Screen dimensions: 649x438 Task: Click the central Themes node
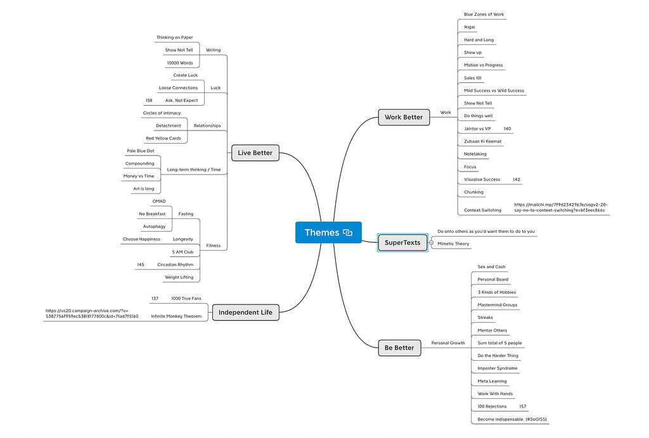point(328,232)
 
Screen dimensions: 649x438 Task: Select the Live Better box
point(255,153)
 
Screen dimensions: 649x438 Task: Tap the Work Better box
point(404,117)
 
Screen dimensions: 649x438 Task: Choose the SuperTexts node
point(402,242)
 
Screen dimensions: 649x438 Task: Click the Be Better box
point(399,348)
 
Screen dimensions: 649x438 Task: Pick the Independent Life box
point(245,313)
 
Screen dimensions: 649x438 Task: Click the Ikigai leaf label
point(470,27)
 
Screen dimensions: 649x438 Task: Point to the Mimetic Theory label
point(453,244)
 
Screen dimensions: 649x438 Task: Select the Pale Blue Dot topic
point(140,151)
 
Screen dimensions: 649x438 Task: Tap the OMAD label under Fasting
point(159,201)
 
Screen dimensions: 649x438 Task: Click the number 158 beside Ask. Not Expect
point(149,101)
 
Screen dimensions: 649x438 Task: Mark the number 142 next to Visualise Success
point(516,179)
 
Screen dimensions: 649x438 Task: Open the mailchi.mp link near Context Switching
point(561,208)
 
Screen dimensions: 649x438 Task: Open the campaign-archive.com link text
point(92,313)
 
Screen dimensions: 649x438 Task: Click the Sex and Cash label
point(491,267)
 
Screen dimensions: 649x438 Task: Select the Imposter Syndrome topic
point(497,368)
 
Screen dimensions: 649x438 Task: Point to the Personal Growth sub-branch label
point(448,343)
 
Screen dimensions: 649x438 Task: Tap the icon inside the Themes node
point(348,233)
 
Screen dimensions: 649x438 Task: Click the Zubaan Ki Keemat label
point(482,141)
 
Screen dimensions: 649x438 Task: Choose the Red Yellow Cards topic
point(163,139)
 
